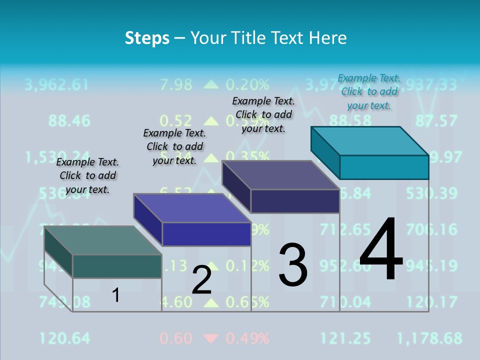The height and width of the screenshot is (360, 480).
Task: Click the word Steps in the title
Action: point(147,38)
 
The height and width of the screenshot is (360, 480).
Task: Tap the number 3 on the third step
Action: point(293,265)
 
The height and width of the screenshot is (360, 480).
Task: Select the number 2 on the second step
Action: point(201,280)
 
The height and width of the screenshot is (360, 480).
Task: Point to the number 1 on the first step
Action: point(115,295)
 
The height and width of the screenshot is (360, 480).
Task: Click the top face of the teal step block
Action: point(369,140)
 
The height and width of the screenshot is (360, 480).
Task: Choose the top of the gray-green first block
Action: point(102,240)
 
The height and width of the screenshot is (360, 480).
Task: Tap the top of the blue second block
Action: point(191,207)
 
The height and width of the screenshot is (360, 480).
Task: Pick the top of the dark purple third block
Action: point(280,175)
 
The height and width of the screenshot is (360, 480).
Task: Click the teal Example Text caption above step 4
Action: point(369,91)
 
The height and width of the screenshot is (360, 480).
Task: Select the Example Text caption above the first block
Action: point(87,175)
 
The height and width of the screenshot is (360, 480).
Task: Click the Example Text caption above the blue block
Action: point(174,146)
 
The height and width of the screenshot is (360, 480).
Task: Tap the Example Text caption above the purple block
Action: point(263,114)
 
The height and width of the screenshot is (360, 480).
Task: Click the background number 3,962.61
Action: point(56,84)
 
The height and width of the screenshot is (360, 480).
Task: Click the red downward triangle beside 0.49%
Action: point(211,338)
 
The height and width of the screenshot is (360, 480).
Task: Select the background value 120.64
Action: point(65,338)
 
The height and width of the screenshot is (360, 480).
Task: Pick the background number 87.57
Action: point(436,120)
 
